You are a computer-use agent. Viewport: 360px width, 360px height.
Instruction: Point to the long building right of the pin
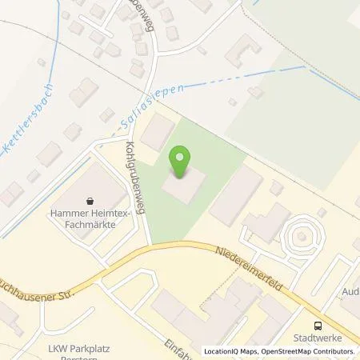pyautogui.click(x=236, y=195)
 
